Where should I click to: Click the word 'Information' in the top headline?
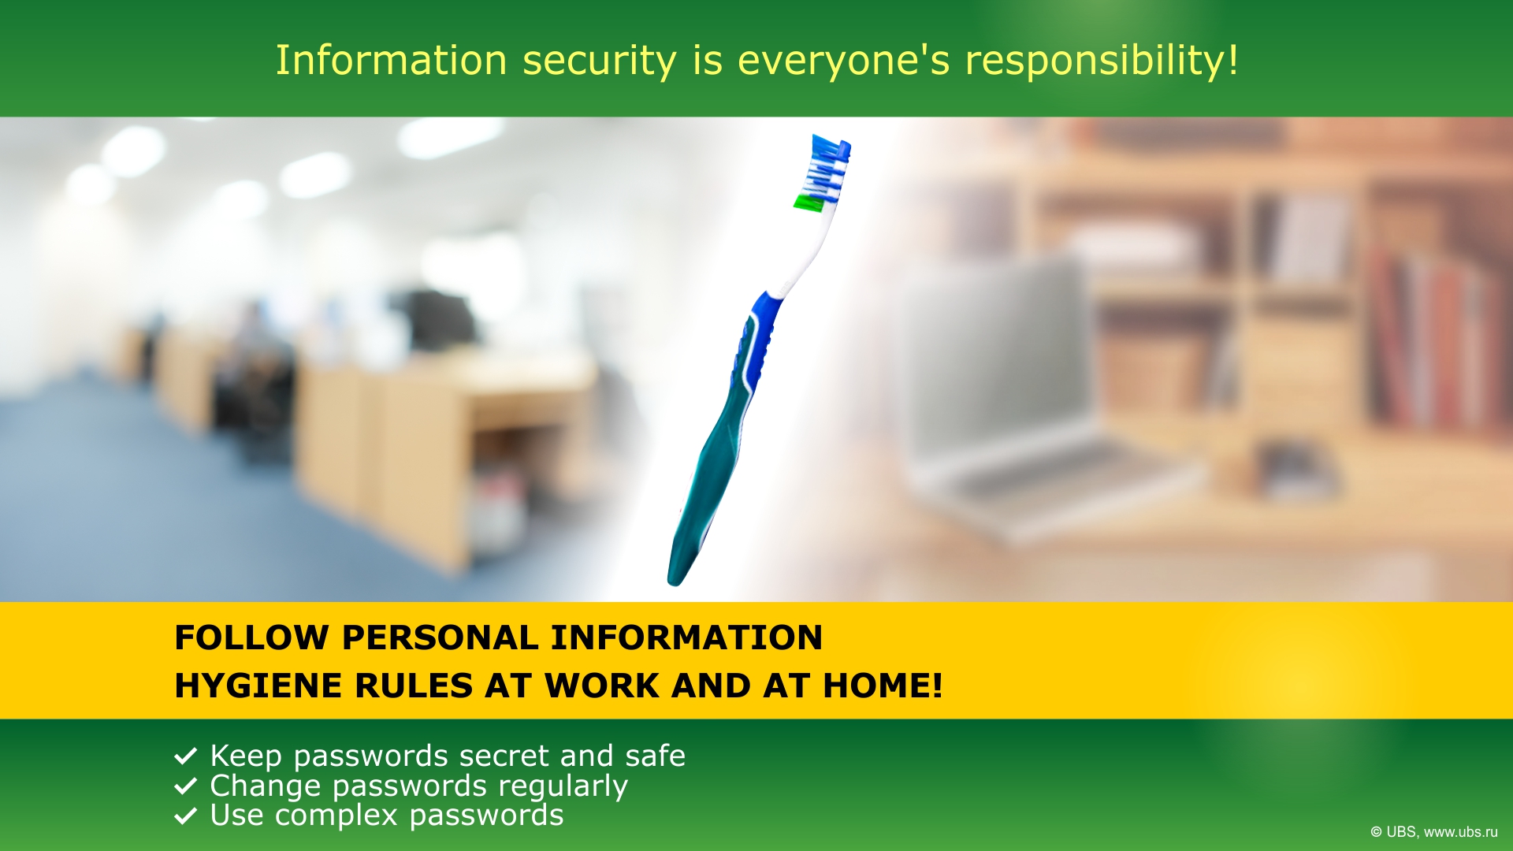(391, 60)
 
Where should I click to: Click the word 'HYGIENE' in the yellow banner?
(258, 686)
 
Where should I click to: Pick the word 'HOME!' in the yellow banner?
(883, 686)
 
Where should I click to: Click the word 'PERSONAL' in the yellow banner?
(440, 637)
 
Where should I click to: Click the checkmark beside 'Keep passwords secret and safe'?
(185, 756)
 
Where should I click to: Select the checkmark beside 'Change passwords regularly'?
(185, 786)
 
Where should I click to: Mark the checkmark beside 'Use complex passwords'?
(185, 816)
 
